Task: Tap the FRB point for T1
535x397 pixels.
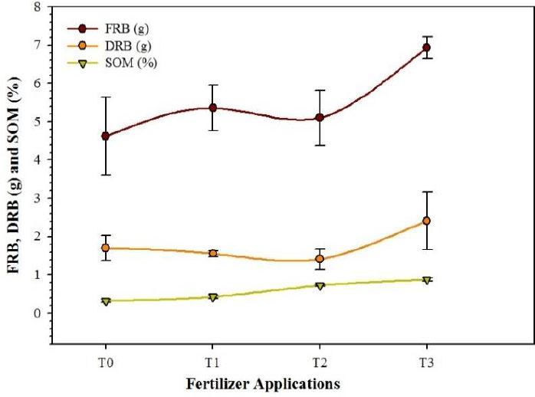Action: [x=213, y=108]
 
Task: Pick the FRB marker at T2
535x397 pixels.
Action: [x=320, y=118]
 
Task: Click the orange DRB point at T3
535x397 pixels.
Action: [x=427, y=221]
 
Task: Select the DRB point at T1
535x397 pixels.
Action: [x=213, y=253]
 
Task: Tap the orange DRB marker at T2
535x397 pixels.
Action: [x=320, y=259]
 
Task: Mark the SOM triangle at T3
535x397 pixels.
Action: [x=427, y=280]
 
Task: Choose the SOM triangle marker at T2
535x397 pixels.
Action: [x=320, y=286]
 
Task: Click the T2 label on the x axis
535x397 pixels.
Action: [x=320, y=359]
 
